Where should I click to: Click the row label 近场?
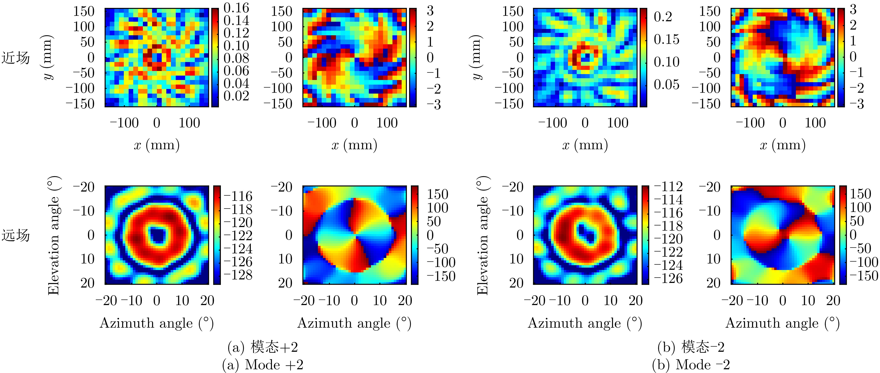16,58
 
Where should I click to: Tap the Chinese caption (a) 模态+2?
263,347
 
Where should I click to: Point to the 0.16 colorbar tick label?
236,8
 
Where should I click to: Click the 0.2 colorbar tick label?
663,17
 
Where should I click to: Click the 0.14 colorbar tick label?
236,21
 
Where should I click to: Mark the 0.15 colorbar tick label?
666,39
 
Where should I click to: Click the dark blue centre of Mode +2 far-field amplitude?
157,235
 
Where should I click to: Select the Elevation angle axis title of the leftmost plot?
54,235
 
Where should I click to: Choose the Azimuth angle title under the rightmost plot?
782,323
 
